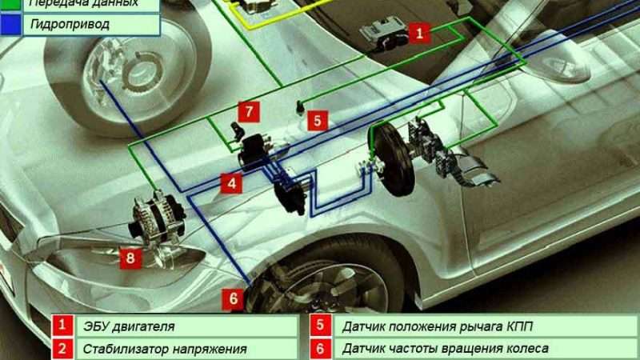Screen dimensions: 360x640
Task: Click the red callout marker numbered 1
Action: pos(420,32)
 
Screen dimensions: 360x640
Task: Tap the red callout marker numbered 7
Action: pos(248,110)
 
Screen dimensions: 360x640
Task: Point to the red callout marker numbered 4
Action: pos(231,183)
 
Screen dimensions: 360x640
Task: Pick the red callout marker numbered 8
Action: pos(130,257)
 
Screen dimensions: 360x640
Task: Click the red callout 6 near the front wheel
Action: pos(233,298)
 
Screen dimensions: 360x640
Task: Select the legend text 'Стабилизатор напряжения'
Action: pos(163,350)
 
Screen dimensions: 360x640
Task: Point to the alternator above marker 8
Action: pos(158,214)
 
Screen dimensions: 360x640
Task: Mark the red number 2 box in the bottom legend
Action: pos(62,350)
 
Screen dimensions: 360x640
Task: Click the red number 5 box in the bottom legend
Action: pos(319,326)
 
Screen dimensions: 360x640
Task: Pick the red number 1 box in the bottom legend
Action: pos(62,326)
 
